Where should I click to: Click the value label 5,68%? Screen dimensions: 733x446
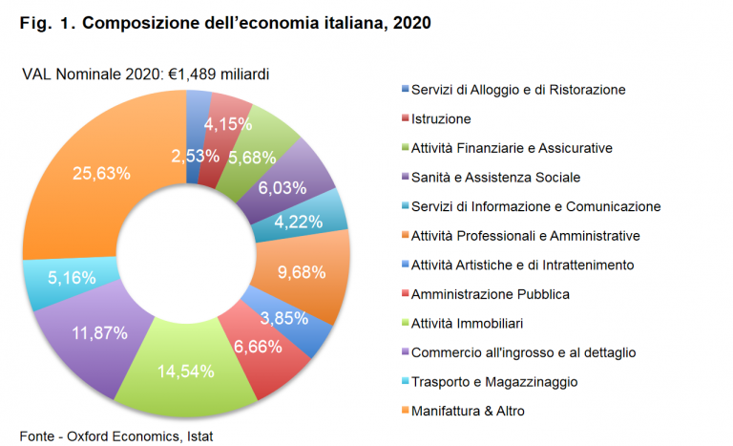point(252,158)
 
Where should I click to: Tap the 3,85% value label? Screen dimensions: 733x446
point(284,318)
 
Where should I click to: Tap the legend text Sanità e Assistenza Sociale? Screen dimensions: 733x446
point(495,178)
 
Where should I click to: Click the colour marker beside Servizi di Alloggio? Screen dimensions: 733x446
point(406,88)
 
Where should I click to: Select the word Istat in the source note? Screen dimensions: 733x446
point(200,436)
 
